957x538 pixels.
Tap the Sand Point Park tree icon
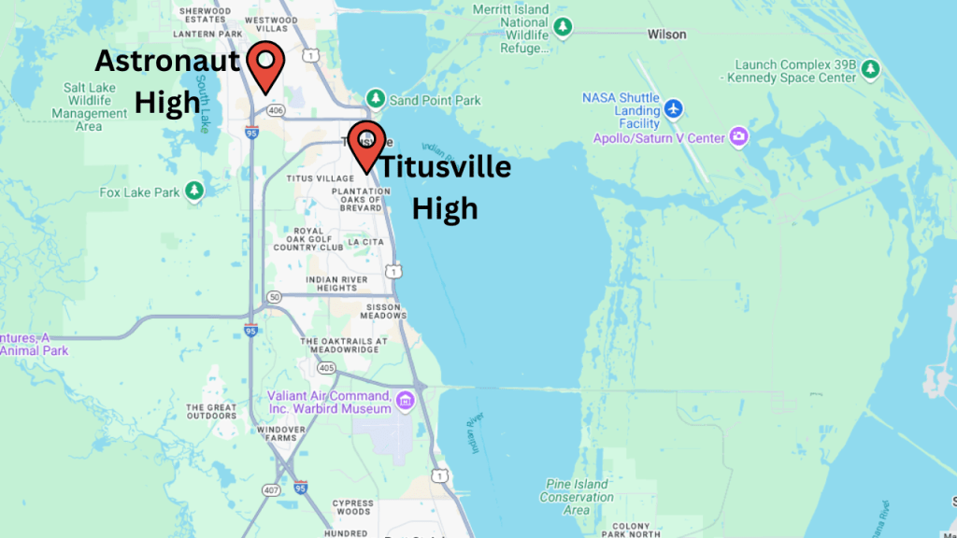pyautogui.click(x=376, y=99)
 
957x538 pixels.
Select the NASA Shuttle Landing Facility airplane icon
pyautogui.click(x=674, y=110)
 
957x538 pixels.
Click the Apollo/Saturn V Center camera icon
pyautogui.click(x=738, y=138)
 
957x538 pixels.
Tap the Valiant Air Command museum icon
pyautogui.click(x=405, y=402)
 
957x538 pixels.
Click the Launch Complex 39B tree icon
pyautogui.click(x=870, y=70)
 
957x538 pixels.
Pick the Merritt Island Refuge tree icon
pyautogui.click(x=563, y=27)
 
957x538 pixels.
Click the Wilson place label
pyautogui.click(x=666, y=35)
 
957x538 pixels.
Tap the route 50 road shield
pyautogui.click(x=274, y=297)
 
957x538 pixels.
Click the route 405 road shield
pyautogui.click(x=325, y=368)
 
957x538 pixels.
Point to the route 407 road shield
pyautogui.click(x=271, y=488)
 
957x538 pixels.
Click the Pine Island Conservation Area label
pyautogui.click(x=577, y=497)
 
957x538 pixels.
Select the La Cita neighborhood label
pyautogui.click(x=365, y=242)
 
